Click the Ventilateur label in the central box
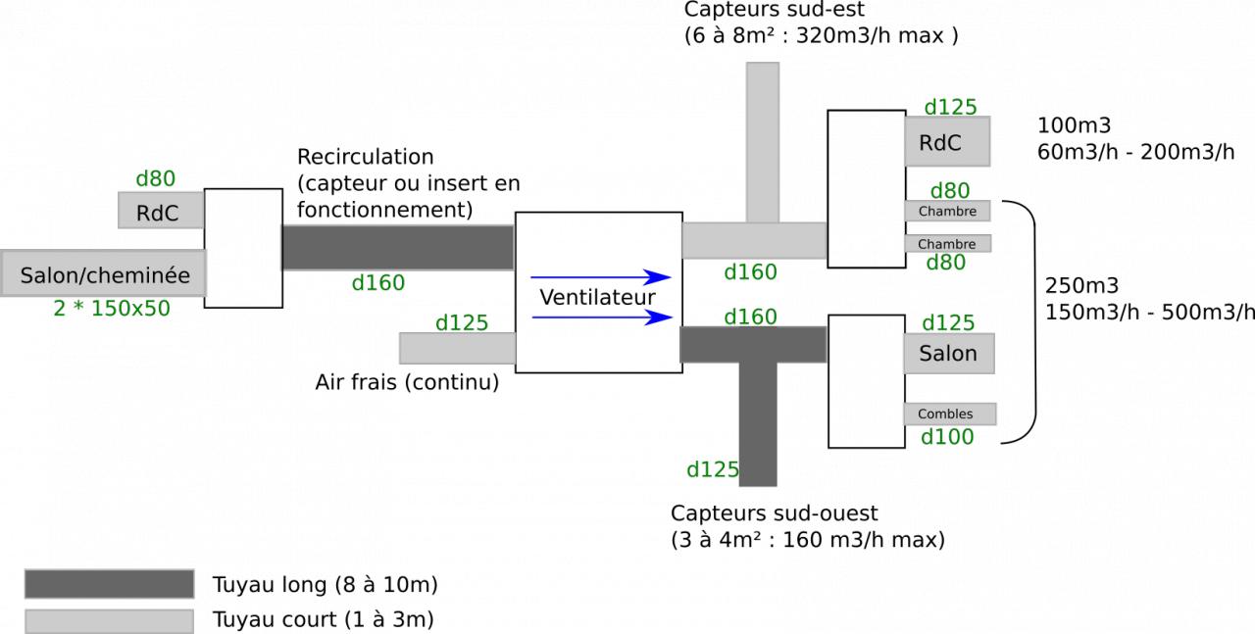point(597,296)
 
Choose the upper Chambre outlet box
point(946,210)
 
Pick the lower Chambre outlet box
point(946,243)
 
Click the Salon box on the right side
point(948,353)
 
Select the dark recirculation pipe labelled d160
point(397,247)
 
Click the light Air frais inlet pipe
point(457,348)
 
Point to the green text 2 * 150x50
point(112,308)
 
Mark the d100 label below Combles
point(947,437)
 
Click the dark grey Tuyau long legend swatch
point(109,584)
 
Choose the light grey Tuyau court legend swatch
point(109,620)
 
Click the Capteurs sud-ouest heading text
point(775,513)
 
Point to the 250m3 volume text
point(1081,286)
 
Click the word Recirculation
point(365,157)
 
